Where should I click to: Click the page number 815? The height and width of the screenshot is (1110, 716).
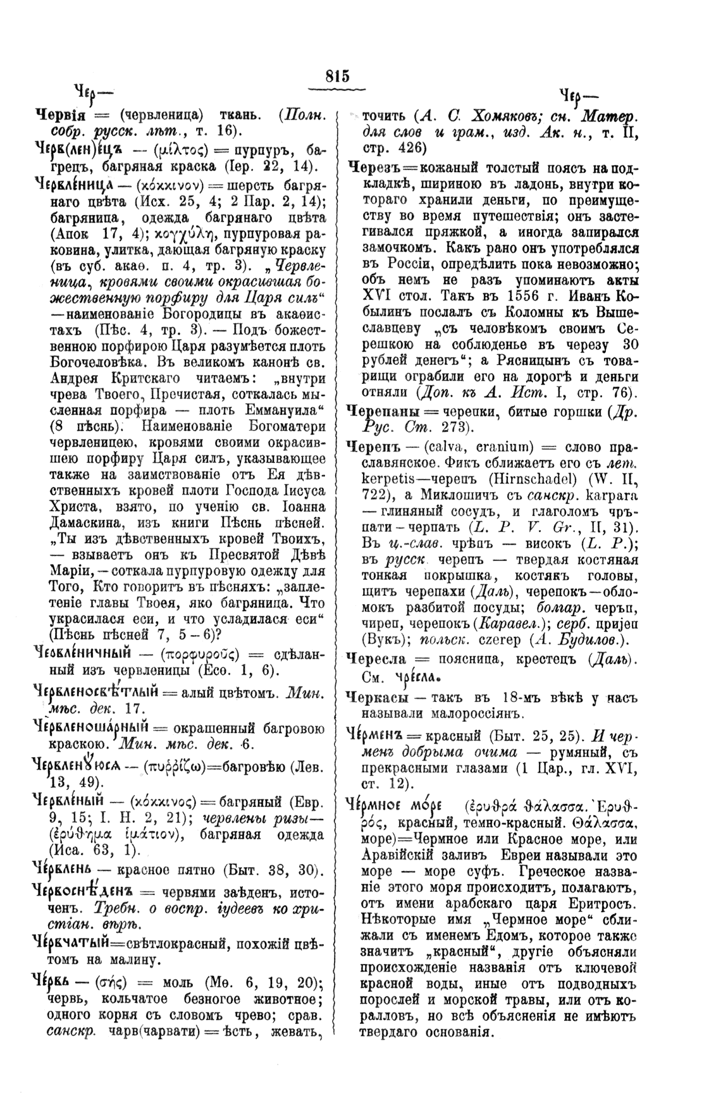click(x=338, y=76)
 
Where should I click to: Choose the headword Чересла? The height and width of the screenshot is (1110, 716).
click(x=376, y=659)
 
